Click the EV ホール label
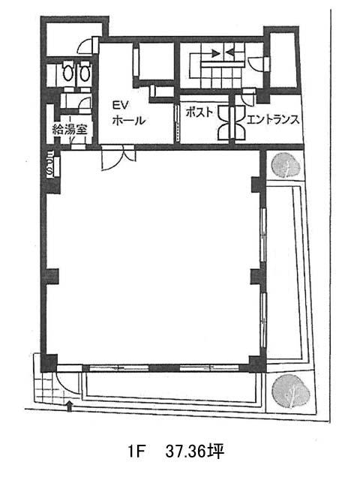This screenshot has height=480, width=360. (x=128, y=113)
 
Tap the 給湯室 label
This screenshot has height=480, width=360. (x=70, y=130)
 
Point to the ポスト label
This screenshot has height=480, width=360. (x=199, y=112)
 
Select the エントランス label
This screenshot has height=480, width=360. (x=272, y=119)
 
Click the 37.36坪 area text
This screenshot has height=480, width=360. (x=195, y=451)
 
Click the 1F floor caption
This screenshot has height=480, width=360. (x=136, y=451)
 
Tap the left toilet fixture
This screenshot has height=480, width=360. (x=67, y=71)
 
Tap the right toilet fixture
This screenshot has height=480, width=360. (x=84, y=71)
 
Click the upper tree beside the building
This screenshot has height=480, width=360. (x=286, y=166)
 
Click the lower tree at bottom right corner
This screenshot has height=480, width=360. (x=290, y=391)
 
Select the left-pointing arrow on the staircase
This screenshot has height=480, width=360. (x=230, y=53)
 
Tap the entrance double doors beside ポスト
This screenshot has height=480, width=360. (x=232, y=123)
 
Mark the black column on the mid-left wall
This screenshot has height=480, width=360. (x=52, y=277)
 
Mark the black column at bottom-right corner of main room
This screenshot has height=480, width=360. (x=257, y=363)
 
